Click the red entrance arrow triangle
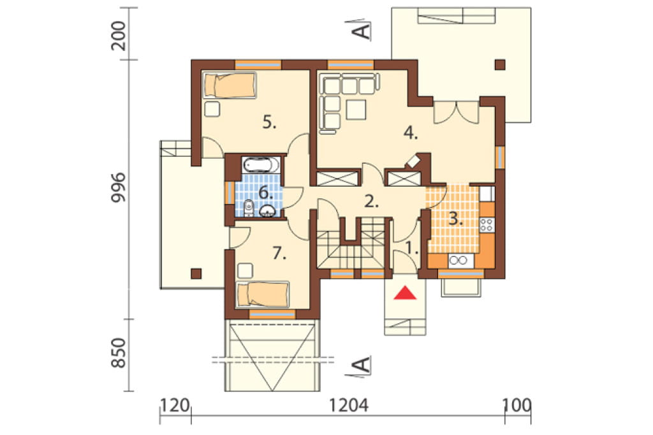pos(405,293)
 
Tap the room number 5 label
pos(270,122)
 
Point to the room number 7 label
pos(279,253)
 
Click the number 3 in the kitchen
pos(455,219)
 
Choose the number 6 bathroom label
pos(266,193)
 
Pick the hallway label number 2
pos(371,202)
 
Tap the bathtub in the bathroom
pos(261,165)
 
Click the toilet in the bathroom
pos(249,208)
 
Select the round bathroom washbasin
pos(267,211)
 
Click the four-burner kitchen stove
pos(487,225)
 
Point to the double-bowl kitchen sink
pos(461,260)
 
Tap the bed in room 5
pos(230,85)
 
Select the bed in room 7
pos(263,295)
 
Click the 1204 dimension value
pos(349,405)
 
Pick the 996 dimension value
pos(119,188)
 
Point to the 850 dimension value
pos(119,353)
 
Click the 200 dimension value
pos(119,36)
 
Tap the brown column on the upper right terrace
pos(500,64)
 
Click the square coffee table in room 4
pos(356,110)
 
